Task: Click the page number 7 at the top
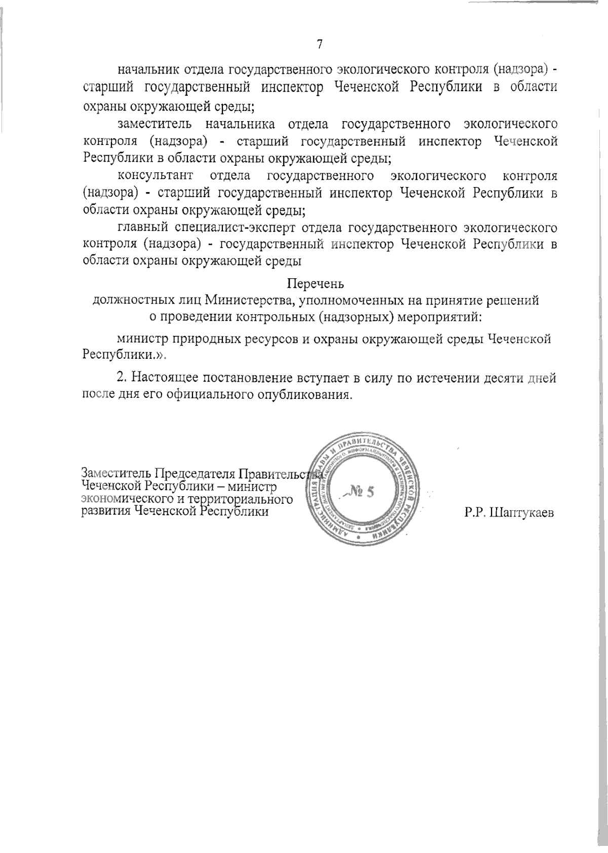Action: pos(319,45)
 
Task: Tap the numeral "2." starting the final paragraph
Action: pos(122,378)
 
